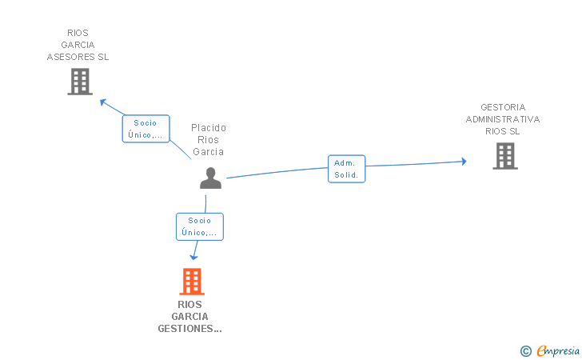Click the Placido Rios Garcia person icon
(x=210, y=178)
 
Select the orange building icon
(x=191, y=282)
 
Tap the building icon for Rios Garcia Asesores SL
(x=80, y=82)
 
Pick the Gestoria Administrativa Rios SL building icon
(x=504, y=156)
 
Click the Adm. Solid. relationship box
(x=346, y=169)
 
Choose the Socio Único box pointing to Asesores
(x=145, y=129)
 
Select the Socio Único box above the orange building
(x=199, y=226)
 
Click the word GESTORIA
(x=503, y=107)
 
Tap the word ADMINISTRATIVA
(x=503, y=119)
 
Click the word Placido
(x=209, y=128)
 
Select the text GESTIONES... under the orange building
(x=190, y=329)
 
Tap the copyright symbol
(x=525, y=350)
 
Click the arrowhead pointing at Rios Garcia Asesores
(x=102, y=101)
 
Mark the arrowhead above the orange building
(x=193, y=257)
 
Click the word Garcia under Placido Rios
(x=209, y=152)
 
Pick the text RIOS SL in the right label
(x=503, y=131)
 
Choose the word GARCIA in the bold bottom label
(x=190, y=317)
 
